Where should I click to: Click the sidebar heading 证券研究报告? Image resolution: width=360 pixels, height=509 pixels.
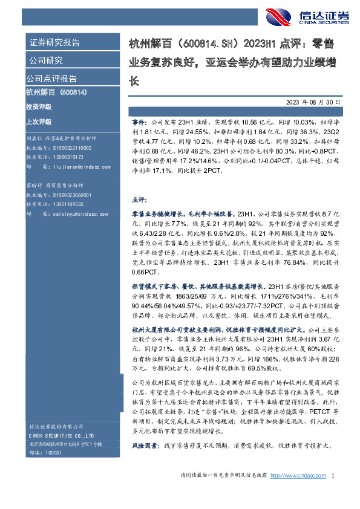click(x=55, y=42)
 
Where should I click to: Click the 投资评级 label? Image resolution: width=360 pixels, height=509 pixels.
click(x=39, y=106)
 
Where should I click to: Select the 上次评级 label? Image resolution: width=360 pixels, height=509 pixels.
click(x=39, y=121)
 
